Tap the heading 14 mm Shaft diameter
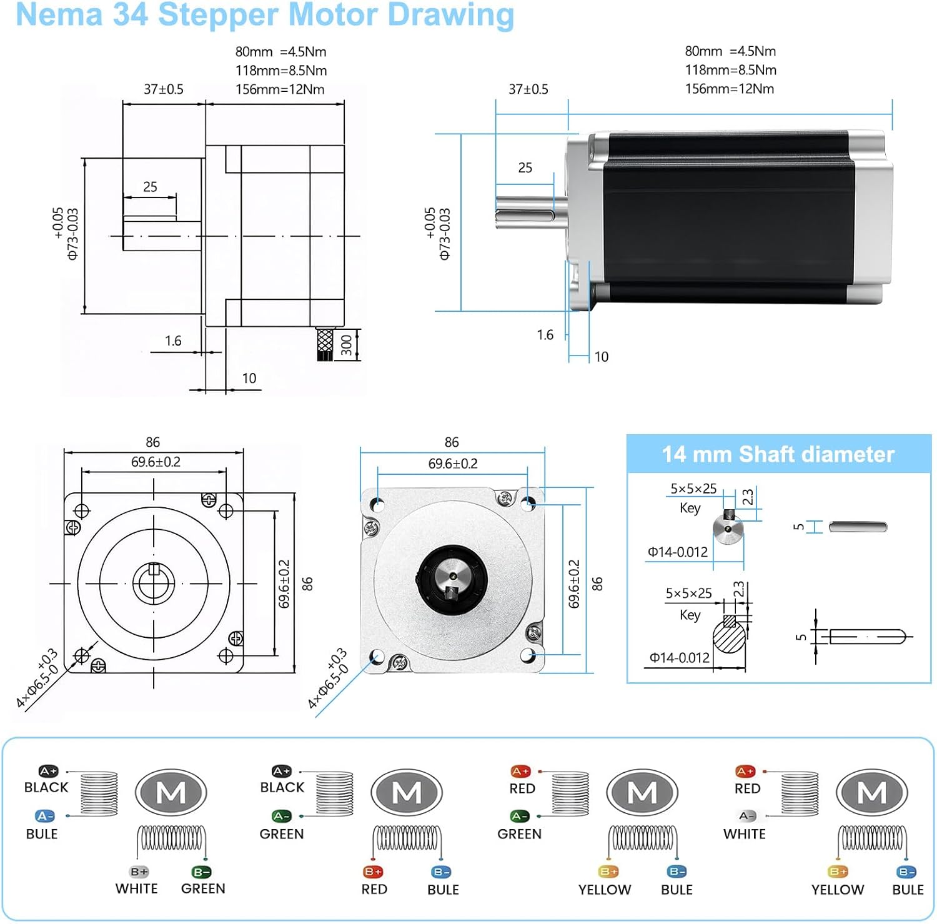(x=778, y=454)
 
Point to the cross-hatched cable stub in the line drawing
(x=325, y=343)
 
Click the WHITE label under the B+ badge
(x=136, y=888)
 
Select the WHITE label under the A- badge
(x=744, y=833)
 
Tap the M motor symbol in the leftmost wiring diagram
(x=171, y=793)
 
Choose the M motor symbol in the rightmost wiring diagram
(x=871, y=793)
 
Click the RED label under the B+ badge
(x=374, y=889)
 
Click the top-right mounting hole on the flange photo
(x=528, y=502)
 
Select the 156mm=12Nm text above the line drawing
(x=280, y=89)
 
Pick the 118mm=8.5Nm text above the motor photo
(x=730, y=70)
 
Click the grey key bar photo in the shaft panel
(x=858, y=527)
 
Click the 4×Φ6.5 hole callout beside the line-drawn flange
(x=37, y=678)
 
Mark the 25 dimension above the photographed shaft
(x=525, y=167)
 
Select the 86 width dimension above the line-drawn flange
(x=153, y=442)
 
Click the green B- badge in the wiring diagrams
(x=201, y=872)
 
